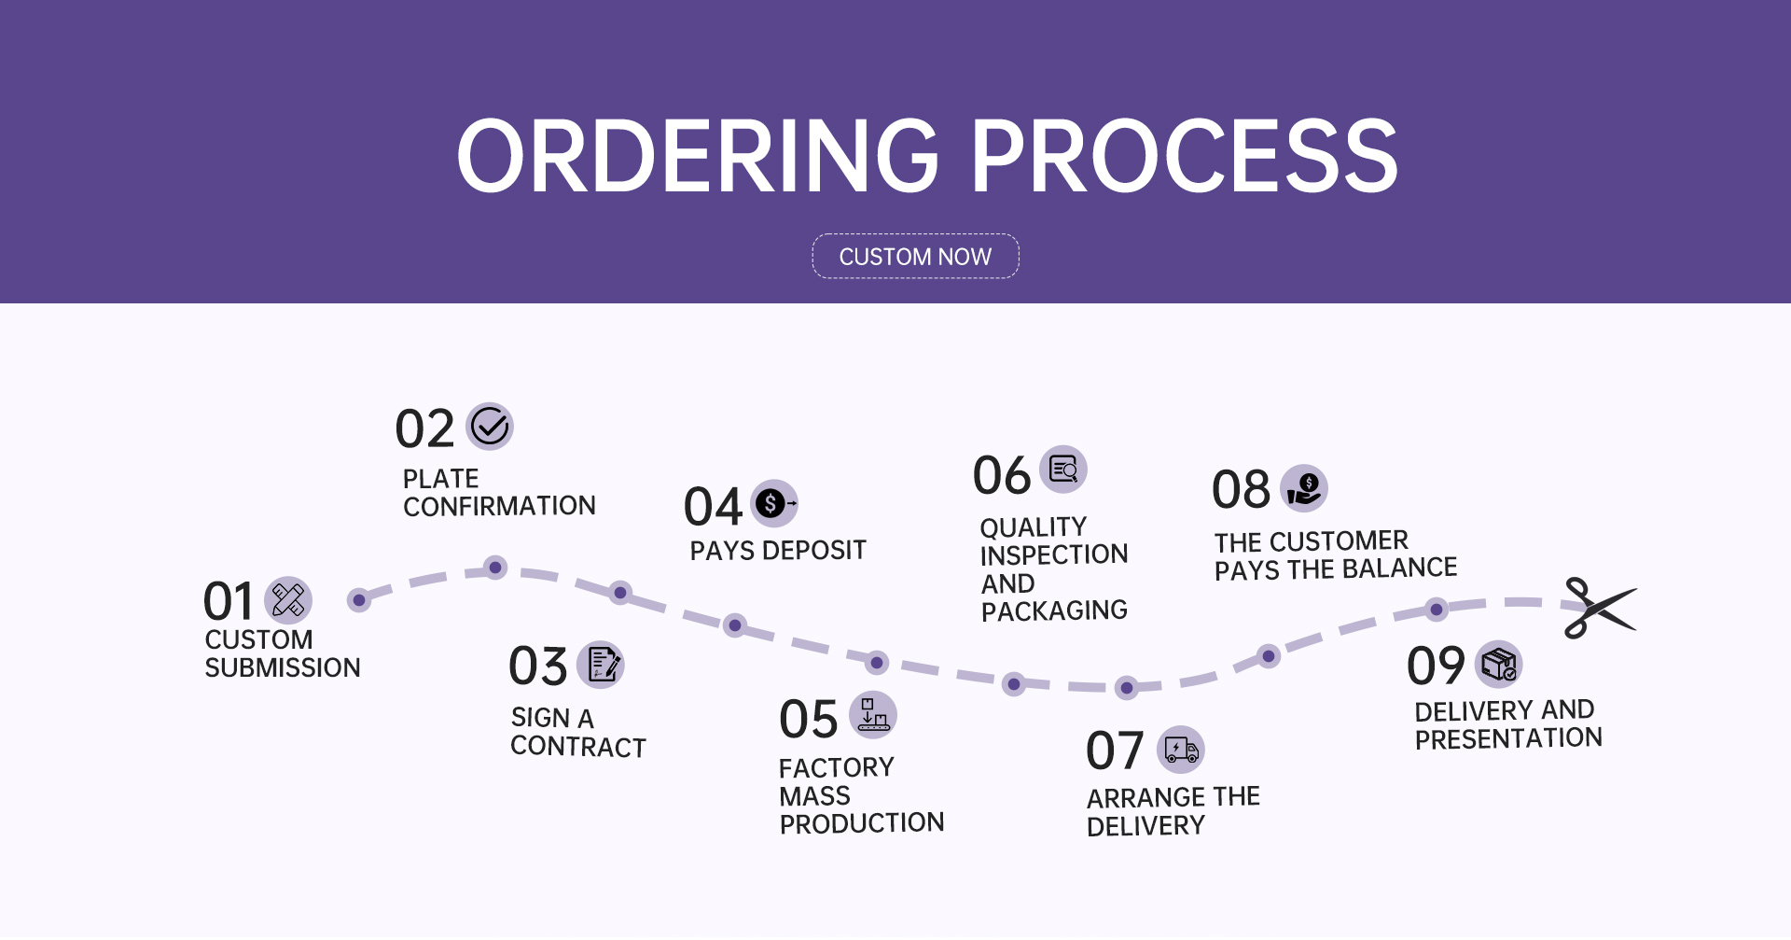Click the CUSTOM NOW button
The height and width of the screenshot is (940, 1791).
click(915, 256)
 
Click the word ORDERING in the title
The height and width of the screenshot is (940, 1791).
click(698, 156)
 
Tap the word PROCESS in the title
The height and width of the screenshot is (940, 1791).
click(1185, 156)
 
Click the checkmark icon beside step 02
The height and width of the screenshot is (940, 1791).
click(490, 427)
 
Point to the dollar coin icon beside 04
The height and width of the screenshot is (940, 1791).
click(774, 504)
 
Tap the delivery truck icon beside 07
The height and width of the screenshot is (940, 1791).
click(1181, 750)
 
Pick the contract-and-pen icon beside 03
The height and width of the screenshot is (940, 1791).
click(601, 665)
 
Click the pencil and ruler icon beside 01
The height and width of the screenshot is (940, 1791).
click(288, 600)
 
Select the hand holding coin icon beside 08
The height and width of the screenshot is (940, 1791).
click(1304, 488)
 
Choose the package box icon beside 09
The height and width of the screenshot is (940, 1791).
click(1498, 665)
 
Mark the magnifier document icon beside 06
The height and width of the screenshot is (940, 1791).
click(1063, 470)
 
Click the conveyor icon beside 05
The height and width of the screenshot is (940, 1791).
click(873, 715)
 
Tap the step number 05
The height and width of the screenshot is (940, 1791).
click(809, 720)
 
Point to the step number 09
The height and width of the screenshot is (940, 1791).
click(1436, 666)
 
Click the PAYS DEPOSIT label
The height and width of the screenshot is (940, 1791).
click(778, 551)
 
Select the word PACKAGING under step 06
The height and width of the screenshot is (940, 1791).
click(1054, 610)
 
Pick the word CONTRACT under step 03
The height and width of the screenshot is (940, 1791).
click(578, 747)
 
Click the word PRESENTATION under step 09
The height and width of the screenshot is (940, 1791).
click(1508, 738)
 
